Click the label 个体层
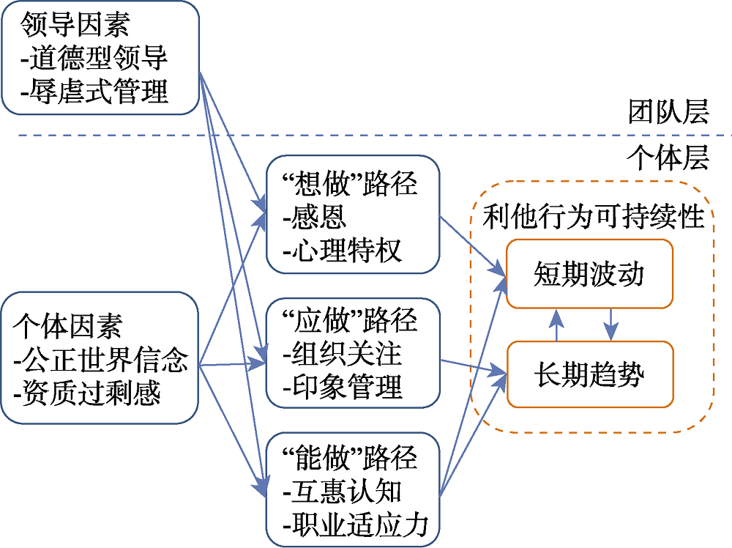[x=668, y=158]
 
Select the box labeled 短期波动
[x=589, y=274]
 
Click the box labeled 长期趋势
[x=589, y=374]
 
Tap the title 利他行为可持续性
[x=594, y=217]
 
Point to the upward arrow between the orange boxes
[x=558, y=325]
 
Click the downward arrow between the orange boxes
[x=611, y=325]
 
